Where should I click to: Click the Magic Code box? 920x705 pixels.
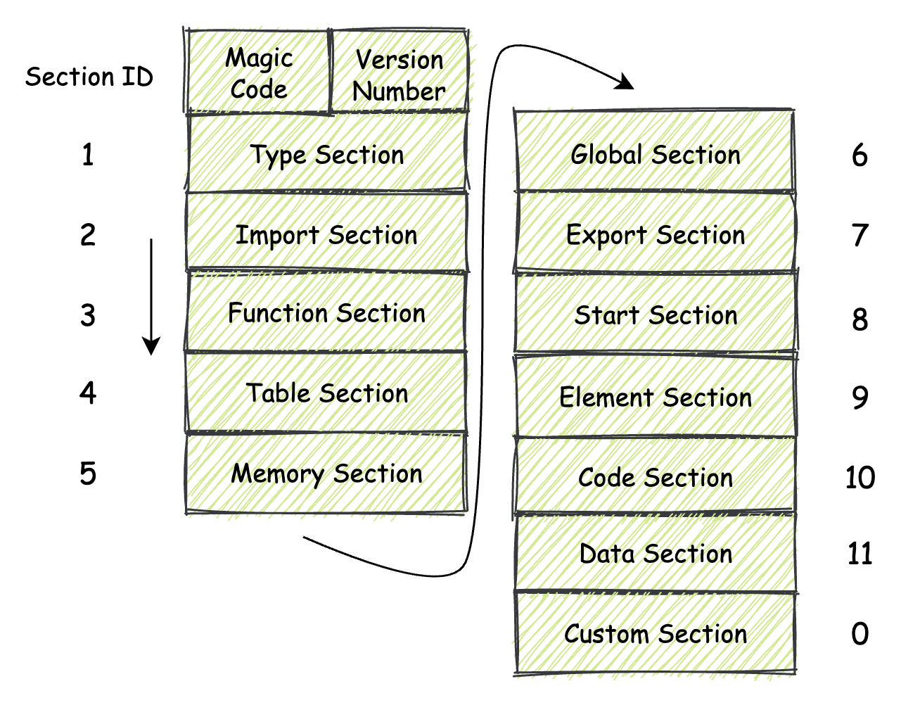pos(258,72)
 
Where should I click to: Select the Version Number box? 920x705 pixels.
pos(399,73)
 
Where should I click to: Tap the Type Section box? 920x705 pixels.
pos(327,154)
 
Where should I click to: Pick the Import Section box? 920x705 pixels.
pos(327,234)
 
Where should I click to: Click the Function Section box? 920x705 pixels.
pos(327,312)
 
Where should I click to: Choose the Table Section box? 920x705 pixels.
pos(327,393)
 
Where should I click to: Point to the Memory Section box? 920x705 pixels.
pos(327,473)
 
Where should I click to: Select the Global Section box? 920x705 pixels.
pos(656,153)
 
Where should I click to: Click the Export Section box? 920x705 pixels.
pos(656,234)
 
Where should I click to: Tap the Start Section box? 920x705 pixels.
pos(656,314)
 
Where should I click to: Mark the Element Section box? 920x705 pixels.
pos(656,397)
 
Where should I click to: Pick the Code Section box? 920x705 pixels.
pos(656,477)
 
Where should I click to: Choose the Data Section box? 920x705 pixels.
pos(656,553)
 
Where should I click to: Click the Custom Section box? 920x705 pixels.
pos(656,633)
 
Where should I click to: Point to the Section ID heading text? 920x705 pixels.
pos(89,76)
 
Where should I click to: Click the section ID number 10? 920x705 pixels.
pos(860,478)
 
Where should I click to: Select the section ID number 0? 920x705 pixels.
pos(860,634)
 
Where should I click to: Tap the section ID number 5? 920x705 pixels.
pos(87,474)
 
